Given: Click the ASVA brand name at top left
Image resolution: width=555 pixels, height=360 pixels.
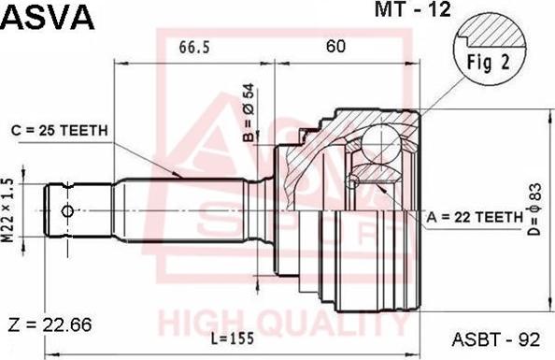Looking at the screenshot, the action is pos(48,18).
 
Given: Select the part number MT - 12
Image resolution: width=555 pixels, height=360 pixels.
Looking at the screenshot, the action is pos(413,9).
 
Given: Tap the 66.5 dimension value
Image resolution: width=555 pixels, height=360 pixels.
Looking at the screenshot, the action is pos(194,47).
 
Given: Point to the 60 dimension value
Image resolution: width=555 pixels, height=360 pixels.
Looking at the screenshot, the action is pos(335,46).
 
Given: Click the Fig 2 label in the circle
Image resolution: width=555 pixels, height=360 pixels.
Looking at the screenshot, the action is pos(488,63).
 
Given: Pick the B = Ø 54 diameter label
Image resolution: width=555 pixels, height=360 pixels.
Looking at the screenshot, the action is pos(249,113).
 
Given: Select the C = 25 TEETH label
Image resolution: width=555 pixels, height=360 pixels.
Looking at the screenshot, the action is pos(59,130).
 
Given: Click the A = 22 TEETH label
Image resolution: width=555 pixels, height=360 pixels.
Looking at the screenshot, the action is pos(475,217).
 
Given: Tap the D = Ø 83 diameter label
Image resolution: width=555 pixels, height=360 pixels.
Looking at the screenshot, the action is pos(535,209).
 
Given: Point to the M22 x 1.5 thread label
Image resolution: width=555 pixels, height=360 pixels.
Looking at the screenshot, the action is pos(8,210).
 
